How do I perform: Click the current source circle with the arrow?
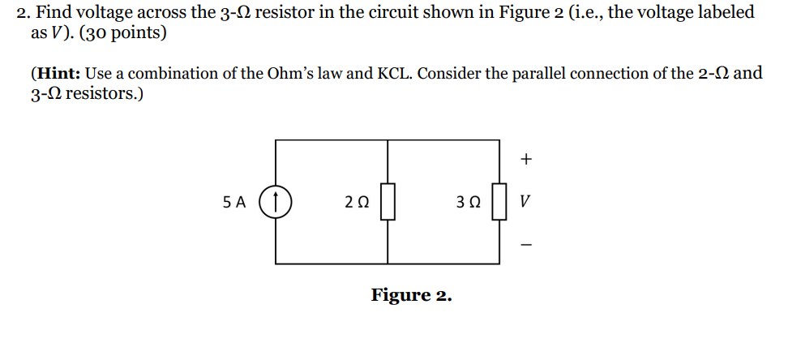click(276, 202)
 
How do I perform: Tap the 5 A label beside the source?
click(233, 202)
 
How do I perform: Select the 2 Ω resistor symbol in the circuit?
click(388, 202)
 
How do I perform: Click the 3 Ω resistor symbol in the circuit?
click(499, 202)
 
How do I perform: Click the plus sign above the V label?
click(526, 160)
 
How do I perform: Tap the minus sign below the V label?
click(526, 243)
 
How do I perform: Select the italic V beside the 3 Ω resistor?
click(526, 202)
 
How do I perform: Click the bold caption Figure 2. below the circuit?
click(411, 295)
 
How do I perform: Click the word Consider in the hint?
click(452, 74)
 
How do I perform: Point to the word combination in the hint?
click(171, 74)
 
